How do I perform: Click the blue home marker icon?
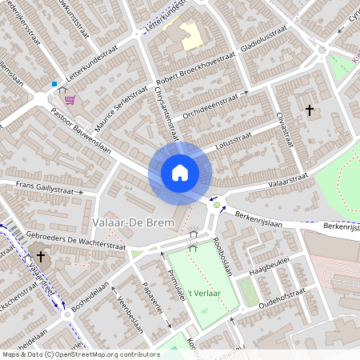tap(180, 172)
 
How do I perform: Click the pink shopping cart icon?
tap(70, 101)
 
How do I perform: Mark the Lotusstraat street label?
tap(234, 148)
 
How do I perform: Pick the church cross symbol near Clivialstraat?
tap(310, 111)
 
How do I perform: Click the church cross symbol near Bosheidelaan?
tap(41, 257)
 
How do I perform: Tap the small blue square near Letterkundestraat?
tap(54, 84)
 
